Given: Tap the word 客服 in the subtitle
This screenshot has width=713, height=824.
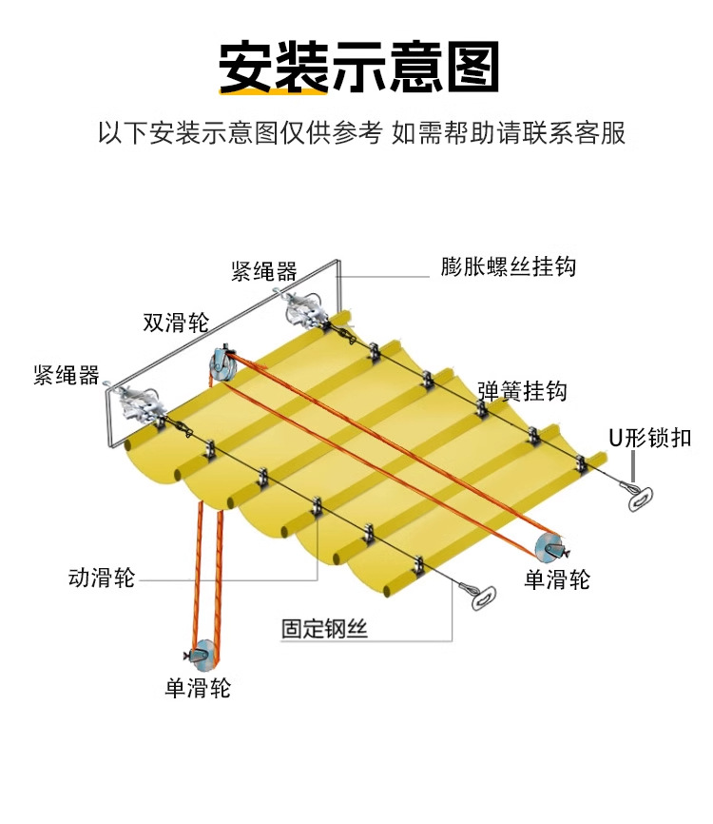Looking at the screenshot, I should pos(602,132).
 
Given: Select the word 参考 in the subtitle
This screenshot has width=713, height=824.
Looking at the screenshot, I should pos(356,132).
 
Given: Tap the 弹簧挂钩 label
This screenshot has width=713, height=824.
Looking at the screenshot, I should pos(522,391).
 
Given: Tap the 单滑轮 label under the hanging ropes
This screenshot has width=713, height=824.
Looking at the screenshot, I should pos(198,687).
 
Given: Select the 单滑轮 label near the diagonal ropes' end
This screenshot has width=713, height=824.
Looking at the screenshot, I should pos(557,579).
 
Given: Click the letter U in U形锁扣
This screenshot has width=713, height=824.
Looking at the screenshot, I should pos(616,439).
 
